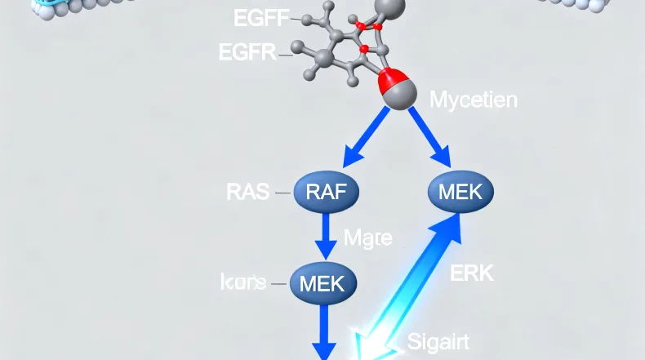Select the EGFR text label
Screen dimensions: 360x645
click(x=248, y=54)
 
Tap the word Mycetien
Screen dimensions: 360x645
click(x=473, y=100)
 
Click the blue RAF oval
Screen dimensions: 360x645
click(x=328, y=193)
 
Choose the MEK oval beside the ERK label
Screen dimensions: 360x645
click(x=460, y=193)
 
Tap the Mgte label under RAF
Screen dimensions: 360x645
click(x=367, y=238)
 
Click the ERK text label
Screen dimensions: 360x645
click(x=472, y=273)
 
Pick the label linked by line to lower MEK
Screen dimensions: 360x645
click(x=243, y=282)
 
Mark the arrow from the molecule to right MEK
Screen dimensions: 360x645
click(x=429, y=136)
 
